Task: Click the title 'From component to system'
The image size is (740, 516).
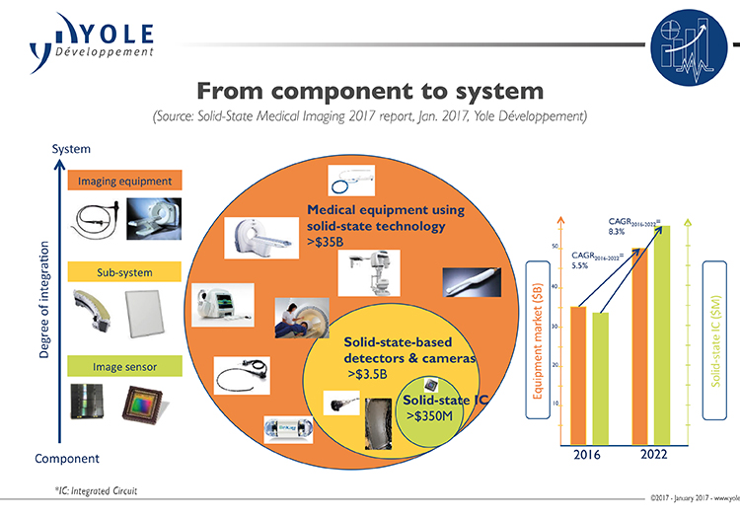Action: [370, 92]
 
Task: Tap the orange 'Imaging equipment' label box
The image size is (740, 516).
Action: [124, 182]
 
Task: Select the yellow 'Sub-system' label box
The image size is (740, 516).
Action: [124, 272]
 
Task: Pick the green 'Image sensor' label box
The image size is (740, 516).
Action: [124, 367]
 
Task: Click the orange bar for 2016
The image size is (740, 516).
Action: [579, 375]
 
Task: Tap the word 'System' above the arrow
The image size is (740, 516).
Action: [71, 149]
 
